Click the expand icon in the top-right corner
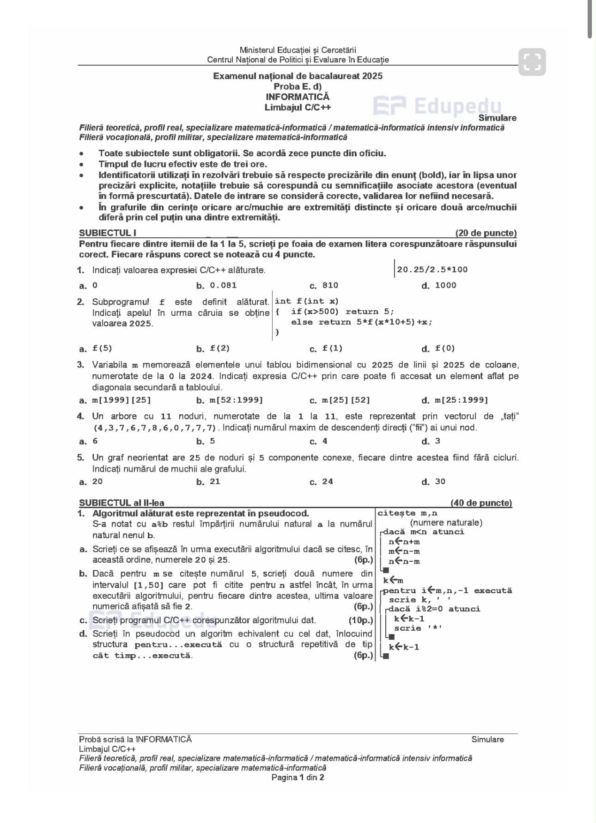[532, 61]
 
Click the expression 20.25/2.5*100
[432, 270]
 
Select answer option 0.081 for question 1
[223, 285]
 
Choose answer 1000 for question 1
[445, 285]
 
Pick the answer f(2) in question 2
[220, 349]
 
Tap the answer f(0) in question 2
[445, 349]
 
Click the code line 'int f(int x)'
[307, 301]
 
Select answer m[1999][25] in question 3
[122, 400]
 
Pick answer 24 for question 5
[328, 482]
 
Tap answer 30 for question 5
[440, 482]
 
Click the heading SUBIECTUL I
[108, 233]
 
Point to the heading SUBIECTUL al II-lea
[122, 503]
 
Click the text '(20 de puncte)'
[486, 233]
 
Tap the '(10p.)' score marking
[360, 620]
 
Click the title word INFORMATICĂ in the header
[298, 97]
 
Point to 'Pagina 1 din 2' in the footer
[298, 777]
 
